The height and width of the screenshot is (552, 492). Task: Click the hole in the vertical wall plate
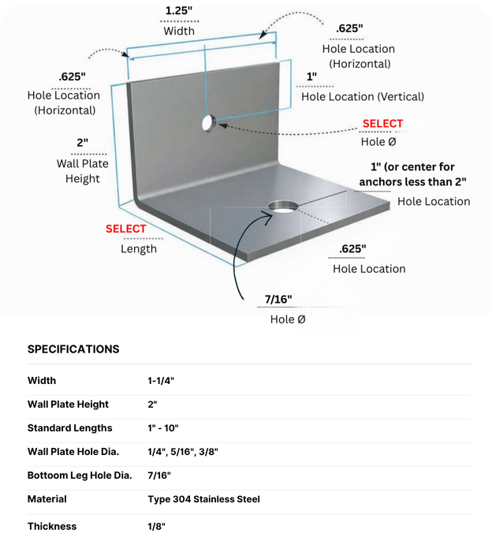click(208, 123)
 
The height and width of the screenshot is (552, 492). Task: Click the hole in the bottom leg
click(283, 207)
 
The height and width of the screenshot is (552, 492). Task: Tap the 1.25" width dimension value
click(179, 10)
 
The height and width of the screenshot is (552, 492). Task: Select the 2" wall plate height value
click(82, 143)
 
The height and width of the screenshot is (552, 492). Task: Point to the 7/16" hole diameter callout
click(278, 299)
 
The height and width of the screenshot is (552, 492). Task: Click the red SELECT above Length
click(125, 229)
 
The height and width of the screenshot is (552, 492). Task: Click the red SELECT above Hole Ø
click(382, 124)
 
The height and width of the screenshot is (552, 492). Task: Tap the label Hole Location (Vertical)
click(363, 97)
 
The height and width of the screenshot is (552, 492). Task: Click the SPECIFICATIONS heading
click(73, 349)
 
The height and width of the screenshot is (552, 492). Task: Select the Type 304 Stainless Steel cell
click(203, 499)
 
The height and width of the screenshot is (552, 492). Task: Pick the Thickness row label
click(52, 526)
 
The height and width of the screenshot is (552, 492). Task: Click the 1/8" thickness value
click(156, 526)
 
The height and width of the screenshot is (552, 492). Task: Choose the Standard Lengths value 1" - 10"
click(163, 428)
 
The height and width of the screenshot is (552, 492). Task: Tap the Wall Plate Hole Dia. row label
click(73, 452)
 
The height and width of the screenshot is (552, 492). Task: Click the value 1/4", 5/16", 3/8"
click(183, 452)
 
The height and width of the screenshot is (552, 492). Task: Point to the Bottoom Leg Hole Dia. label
click(80, 476)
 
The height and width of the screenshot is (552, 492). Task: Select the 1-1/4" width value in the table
click(161, 381)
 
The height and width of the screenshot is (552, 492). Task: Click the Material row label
click(47, 499)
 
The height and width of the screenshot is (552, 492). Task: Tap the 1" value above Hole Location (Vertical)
click(311, 76)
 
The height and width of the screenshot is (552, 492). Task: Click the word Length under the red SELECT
click(139, 249)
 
